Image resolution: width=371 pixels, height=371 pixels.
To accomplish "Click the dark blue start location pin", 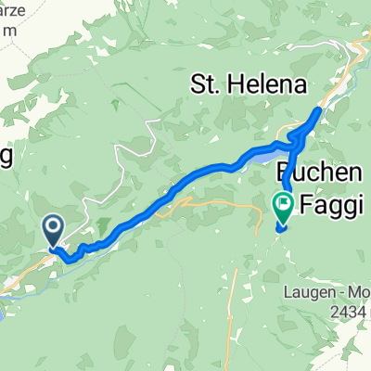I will coord(52,226).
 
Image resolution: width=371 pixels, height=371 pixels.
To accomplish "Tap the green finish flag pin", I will coord(282,202).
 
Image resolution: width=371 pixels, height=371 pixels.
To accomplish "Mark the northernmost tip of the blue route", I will coord(320,110).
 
